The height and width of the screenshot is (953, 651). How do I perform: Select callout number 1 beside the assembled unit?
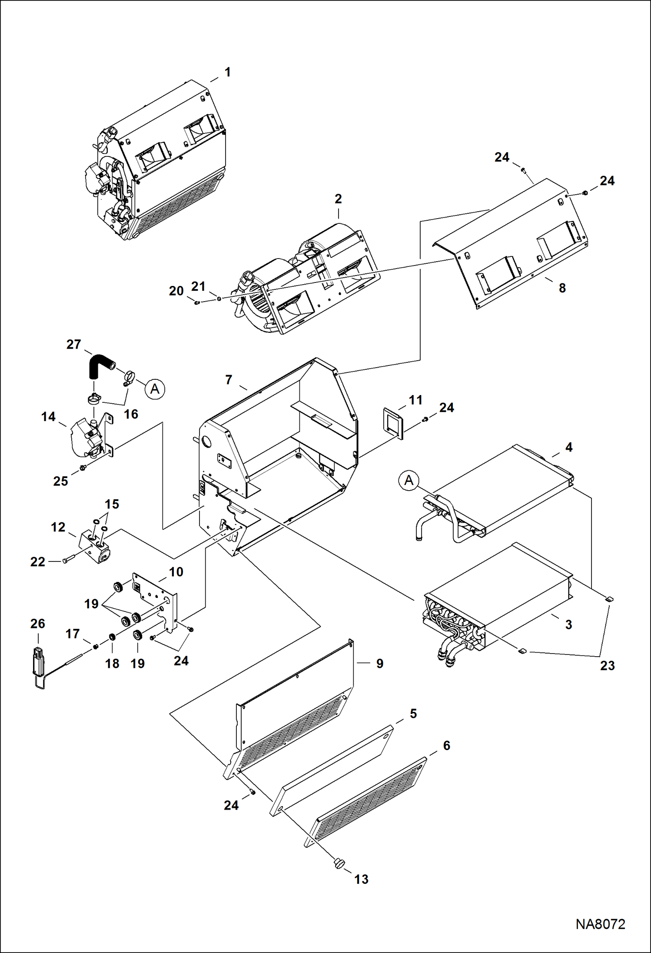click(x=227, y=72)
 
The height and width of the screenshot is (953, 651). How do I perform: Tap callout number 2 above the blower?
click(x=338, y=199)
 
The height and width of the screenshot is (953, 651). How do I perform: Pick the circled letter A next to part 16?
click(x=155, y=389)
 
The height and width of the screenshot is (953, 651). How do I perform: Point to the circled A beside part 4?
click(x=409, y=481)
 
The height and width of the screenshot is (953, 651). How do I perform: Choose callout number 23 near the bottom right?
click(x=607, y=665)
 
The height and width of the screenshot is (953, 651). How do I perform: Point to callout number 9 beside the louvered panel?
click(x=379, y=664)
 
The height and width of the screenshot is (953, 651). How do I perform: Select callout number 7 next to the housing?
click(x=229, y=380)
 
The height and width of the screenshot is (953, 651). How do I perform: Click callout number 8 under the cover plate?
click(x=562, y=288)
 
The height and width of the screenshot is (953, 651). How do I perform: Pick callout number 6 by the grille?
click(x=446, y=745)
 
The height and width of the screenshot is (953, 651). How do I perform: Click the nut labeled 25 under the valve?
click(x=82, y=468)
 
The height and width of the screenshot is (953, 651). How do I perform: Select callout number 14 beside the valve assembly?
click(x=48, y=417)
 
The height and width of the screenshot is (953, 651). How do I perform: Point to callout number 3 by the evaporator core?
click(x=568, y=624)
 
